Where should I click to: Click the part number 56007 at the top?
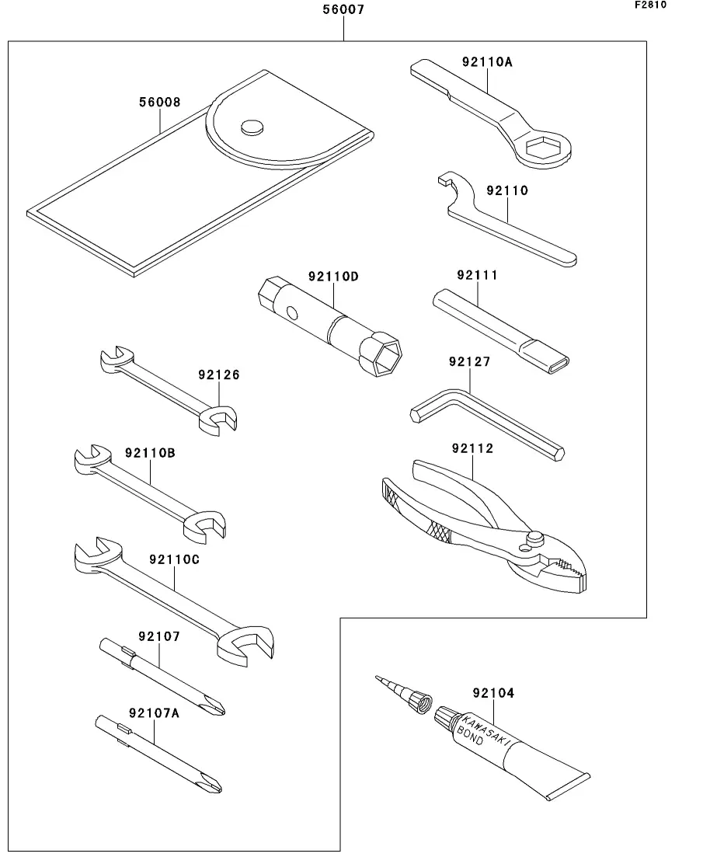point(343,11)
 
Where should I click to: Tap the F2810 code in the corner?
point(651,5)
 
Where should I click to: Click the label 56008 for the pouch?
point(159,103)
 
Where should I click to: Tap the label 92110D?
point(333,277)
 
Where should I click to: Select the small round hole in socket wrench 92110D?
point(291,314)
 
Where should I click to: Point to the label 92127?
point(470,362)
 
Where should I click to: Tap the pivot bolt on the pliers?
point(534,538)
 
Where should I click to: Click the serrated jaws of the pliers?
point(572,575)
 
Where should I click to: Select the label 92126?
point(218,375)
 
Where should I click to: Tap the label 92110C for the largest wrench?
point(174,559)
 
